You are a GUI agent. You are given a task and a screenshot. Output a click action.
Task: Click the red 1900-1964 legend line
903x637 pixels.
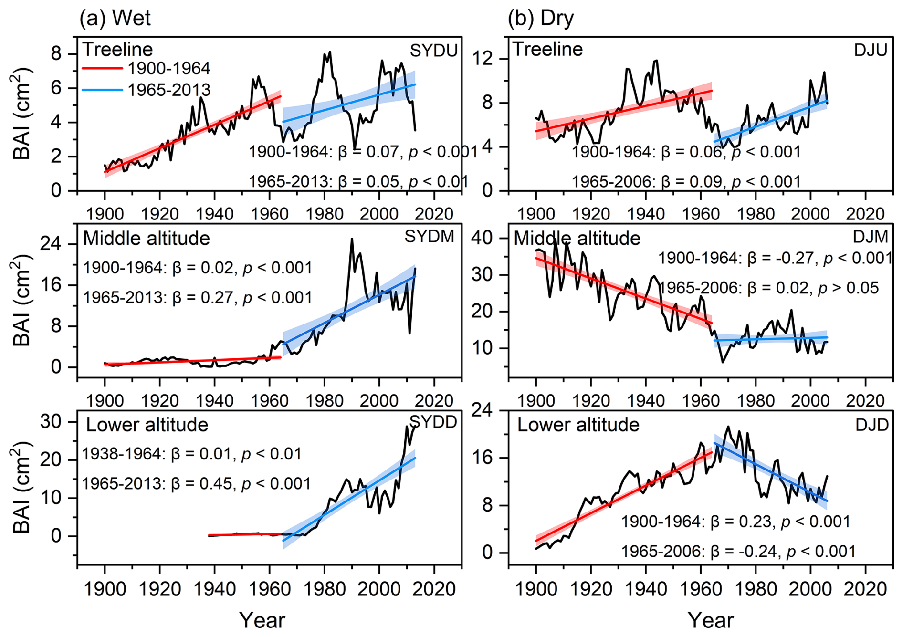pos(102,69)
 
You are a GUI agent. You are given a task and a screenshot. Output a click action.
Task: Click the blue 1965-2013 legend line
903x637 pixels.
pos(102,90)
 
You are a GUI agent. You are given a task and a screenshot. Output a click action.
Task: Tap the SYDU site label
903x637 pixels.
pos(433,51)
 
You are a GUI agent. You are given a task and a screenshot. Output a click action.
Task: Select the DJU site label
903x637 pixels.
pos(870,50)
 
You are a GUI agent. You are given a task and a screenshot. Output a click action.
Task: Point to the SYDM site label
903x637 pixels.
pos(429,236)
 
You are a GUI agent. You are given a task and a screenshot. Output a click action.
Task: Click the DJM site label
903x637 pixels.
pos(870,237)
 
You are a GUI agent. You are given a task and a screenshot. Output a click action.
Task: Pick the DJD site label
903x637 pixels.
pos(871,425)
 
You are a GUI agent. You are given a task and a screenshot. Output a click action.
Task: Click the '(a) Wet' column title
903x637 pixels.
pos(115,18)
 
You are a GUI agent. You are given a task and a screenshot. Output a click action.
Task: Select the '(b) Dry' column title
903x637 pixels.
pos(540,18)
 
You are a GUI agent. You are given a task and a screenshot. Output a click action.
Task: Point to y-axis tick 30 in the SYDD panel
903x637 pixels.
pos(52,422)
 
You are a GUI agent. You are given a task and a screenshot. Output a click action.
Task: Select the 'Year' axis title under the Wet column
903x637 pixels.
pos(262,620)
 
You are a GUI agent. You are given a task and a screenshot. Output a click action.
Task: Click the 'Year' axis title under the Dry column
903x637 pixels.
pos(710,620)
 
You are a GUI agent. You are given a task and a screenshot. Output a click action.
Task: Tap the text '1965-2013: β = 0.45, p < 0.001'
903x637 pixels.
pos(196,484)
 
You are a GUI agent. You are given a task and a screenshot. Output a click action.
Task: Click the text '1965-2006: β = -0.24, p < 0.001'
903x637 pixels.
pos(738,552)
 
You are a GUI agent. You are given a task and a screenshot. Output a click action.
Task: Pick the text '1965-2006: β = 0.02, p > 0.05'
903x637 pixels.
pos(768,288)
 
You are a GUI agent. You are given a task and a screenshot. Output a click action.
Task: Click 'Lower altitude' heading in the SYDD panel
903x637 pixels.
pos(147,425)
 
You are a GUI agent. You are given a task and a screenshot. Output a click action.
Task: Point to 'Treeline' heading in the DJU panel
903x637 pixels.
pos(547,49)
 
